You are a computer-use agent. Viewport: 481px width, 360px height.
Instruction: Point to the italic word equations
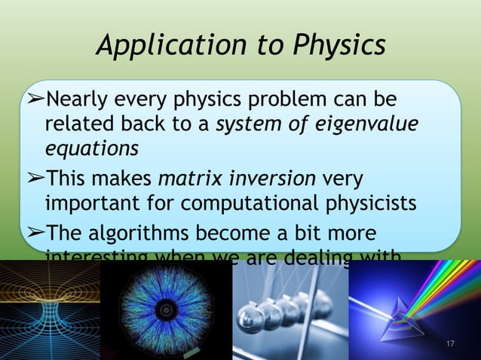click(91, 148)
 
